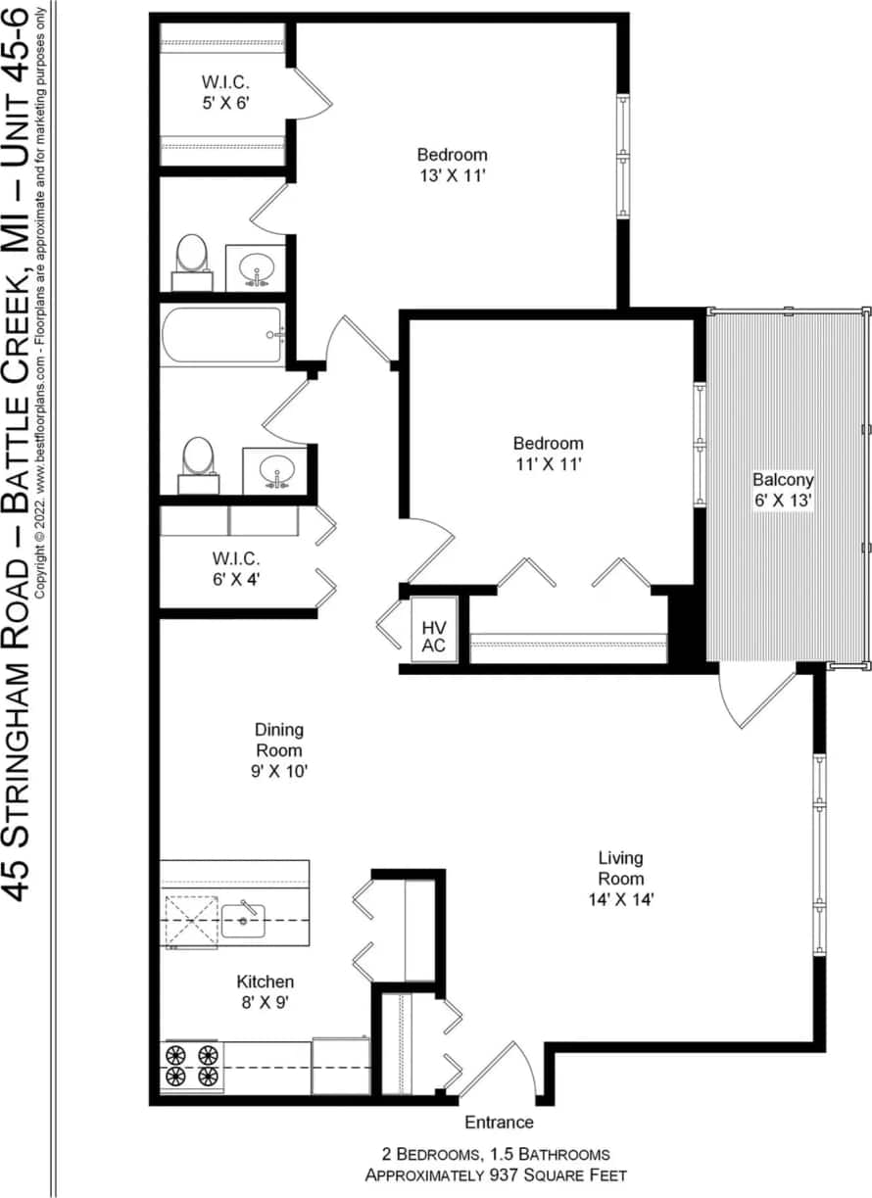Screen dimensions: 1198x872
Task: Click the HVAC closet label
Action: pyautogui.click(x=433, y=636)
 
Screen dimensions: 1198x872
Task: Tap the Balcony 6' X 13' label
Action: pyautogui.click(x=783, y=490)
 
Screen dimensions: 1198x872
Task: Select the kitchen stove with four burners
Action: pyautogui.click(x=191, y=1066)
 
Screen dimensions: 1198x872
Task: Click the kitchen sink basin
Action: pyautogui.click(x=242, y=919)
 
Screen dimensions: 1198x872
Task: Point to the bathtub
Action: pyautogui.click(x=222, y=335)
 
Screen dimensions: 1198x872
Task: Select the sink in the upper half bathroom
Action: pyautogui.click(x=257, y=267)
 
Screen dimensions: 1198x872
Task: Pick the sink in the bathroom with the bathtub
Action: pyautogui.click(x=275, y=471)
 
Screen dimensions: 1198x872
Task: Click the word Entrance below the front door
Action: pyautogui.click(x=499, y=1123)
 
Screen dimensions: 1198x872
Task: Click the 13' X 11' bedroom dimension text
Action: pyautogui.click(x=452, y=175)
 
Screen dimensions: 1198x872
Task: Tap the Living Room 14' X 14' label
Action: pyautogui.click(x=621, y=879)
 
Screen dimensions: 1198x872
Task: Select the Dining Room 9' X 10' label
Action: pyautogui.click(x=279, y=750)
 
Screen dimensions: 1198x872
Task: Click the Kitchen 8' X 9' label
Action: pyautogui.click(x=265, y=992)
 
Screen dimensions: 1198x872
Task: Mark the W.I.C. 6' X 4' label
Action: pyautogui.click(x=235, y=569)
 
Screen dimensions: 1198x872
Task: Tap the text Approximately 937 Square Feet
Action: pyautogui.click(x=496, y=1174)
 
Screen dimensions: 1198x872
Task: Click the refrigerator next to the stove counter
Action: pyautogui.click(x=340, y=1066)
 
